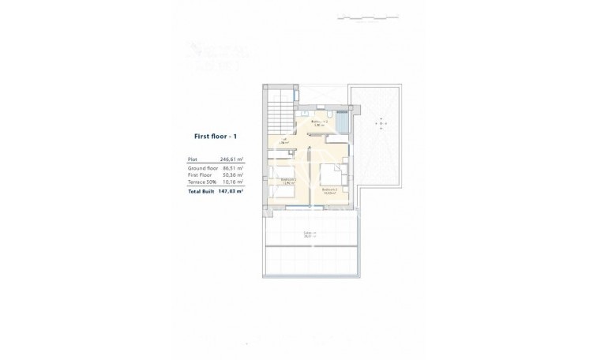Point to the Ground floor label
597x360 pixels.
point(202,168)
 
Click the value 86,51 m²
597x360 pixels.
point(232,168)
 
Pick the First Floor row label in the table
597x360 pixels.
point(201,175)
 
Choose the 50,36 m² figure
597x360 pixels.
point(232,175)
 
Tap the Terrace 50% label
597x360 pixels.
point(203,182)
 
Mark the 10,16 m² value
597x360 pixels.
point(232,182)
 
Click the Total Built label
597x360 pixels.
point(202,191)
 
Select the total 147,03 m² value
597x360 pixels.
point(230,191)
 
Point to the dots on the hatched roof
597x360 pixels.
point(381,124)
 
